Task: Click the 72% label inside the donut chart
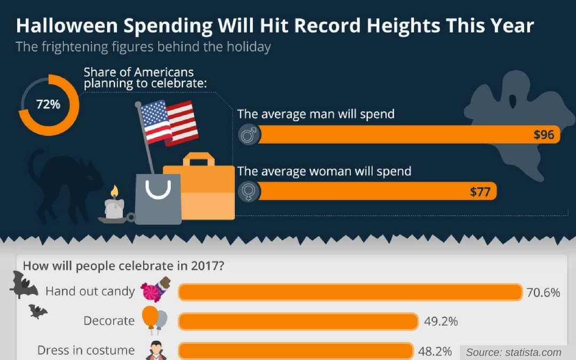click(x=48, y=105)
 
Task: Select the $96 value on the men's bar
click(x=544, y=135)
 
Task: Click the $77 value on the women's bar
click(x=479, y=191)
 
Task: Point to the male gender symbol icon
click(x=249, y=135)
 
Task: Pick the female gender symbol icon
click(x=249, y=191)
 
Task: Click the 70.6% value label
click(x=543, y=292)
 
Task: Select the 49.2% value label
click(x=441, y=321)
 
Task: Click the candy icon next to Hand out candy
click(x=156, y=290)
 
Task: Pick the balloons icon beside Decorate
click(x=155, y=320)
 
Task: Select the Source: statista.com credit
click(x=514, y=352)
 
